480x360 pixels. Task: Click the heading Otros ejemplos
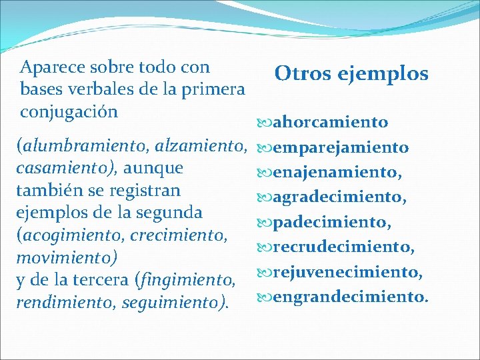(x=351, y=73)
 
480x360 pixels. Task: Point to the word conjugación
(x=69, y=111)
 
